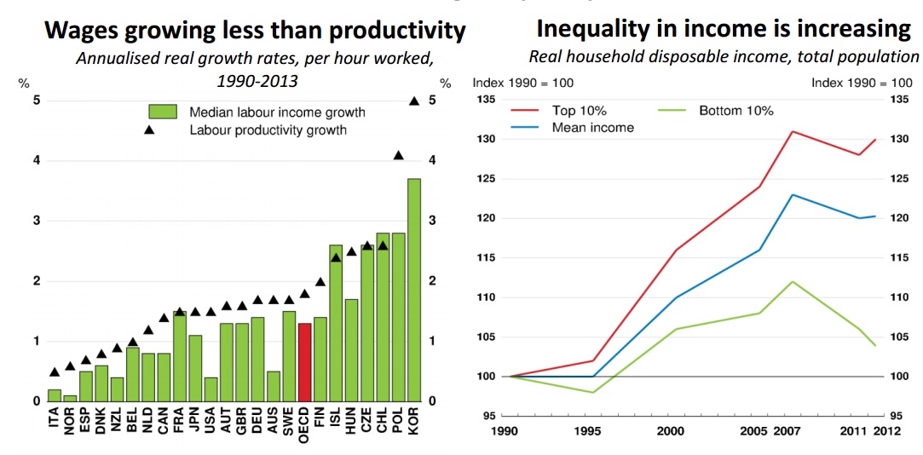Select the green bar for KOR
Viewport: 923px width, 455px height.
(x=414, y=290)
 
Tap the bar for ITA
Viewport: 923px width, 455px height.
(x=55, y=395)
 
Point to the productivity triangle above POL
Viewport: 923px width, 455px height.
(x=398, y=155)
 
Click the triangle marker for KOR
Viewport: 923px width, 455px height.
(x=414, y=101)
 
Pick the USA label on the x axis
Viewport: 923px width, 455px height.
(x=211, y=423)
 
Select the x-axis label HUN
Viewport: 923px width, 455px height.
(x=351, y=423)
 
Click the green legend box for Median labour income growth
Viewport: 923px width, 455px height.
(x=162, y=112)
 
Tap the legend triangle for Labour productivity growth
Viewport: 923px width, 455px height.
(x=149, y=130)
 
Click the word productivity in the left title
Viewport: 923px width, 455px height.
(x=397, y=32)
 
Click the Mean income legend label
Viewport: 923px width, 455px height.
(x=592, y=128)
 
